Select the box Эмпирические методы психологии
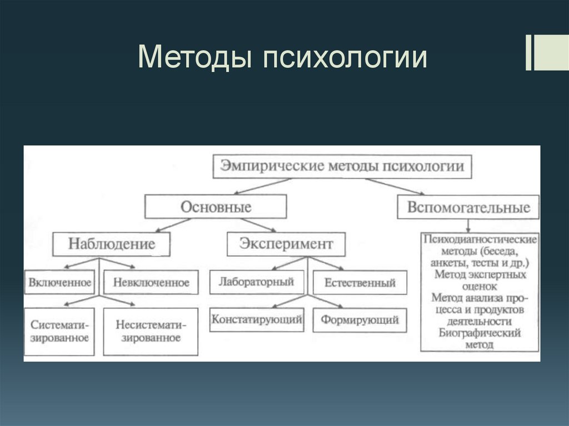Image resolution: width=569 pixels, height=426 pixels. coord(342,166)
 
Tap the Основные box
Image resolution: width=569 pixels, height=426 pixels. coord(216,207)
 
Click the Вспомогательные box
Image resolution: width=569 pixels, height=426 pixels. coord(468,207)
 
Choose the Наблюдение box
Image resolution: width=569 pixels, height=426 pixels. coord(111,244)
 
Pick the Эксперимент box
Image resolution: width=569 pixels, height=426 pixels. coord(286,244)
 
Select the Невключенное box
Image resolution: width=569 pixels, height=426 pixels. coord(151,283)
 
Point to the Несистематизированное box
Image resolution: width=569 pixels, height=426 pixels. coord(151,331)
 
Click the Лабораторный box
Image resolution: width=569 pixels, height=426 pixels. coord(256,282)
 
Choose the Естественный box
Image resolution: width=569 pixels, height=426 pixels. coord(360,283)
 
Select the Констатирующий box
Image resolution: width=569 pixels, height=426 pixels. coord(256,320)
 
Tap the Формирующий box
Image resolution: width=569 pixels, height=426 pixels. coord(360,320)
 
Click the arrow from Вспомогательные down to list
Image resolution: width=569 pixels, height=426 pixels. coord(468,225)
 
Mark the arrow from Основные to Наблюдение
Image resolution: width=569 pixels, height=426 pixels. coord(173,225)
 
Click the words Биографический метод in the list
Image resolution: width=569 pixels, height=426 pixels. coord(479,339)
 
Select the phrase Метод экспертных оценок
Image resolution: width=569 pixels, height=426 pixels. coord(479,280)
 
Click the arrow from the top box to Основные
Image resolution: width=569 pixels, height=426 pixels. coord(261,186)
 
